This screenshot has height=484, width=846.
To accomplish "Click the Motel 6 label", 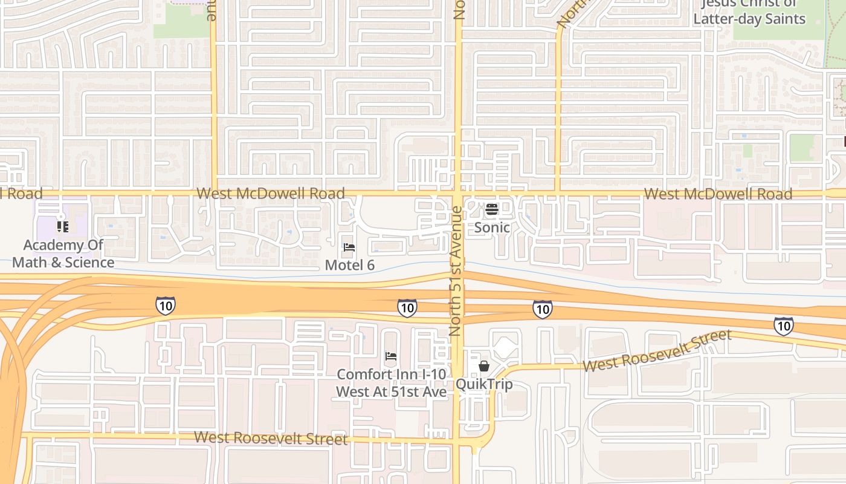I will (350, 265).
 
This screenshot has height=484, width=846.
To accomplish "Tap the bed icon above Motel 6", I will (349, 247).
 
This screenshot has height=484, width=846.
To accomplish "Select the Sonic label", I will (492, 227).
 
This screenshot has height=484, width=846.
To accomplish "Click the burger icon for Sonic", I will (492, 210).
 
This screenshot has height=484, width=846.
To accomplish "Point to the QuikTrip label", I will (483, 384).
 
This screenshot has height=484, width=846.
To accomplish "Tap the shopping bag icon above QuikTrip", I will (483, 366).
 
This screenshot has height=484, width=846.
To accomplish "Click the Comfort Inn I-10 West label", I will (392, 383).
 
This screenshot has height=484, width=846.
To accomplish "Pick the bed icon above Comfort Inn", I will (391, 356).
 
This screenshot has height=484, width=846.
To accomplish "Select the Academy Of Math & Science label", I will (63, 253).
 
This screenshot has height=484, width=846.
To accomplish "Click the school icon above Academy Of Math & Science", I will (62, 227).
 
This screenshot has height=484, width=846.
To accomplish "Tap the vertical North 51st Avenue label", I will (456, 271).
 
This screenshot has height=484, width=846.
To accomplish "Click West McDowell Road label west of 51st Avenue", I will (271, 194).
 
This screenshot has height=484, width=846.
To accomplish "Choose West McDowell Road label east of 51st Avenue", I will (718, 194).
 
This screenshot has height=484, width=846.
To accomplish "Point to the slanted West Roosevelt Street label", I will (657, 350).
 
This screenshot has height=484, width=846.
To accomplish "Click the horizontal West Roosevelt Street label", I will (271, 438).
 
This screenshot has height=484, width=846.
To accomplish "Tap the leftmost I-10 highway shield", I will (166, 306).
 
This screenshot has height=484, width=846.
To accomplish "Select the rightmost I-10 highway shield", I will (784, 326).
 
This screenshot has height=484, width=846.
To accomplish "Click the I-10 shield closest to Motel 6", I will (407, 309).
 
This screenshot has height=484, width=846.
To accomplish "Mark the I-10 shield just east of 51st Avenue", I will (542, 310).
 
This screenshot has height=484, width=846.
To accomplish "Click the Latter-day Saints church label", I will (749, 12).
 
